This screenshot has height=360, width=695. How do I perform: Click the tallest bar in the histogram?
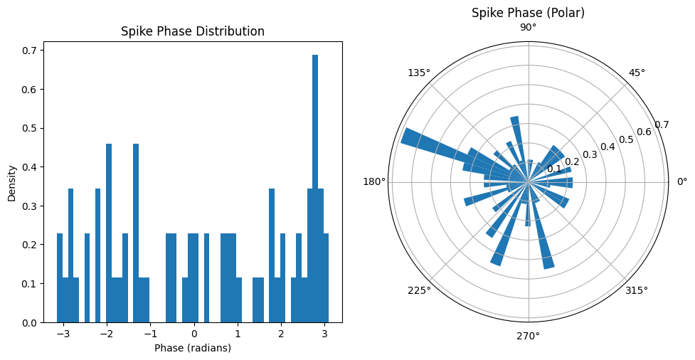pyautogui.click(x=315, y=189)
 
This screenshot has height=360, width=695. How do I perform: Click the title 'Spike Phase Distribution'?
pyautogui.click(x=193, y=31)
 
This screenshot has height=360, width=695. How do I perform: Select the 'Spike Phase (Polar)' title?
pyautogui.click(x=528, y=13)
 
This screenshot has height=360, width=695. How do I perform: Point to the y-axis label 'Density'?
pyautogui.click(x=12, y=183)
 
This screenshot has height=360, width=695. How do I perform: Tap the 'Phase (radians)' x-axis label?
pyautogui.click(x=193, y=348)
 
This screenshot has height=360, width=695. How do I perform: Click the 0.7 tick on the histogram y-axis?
pyautogui.click(x=30, y=51)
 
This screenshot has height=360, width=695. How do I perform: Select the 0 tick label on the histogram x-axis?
pyautogui.click(x=194, y=334)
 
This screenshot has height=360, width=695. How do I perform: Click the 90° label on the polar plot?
pyautogui.click(x=529, y=28)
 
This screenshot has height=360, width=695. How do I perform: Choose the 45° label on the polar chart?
pyautogui.click(x=637, y=73)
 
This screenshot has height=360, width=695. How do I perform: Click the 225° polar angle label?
pyautogui.click(x=419, y=290)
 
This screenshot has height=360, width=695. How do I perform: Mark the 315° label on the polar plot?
pyautogui.click(x=637, y=290)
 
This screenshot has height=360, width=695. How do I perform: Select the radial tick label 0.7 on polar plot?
pyautogui.click(x=662, y=125)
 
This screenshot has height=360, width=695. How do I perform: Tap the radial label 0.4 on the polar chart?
pyautogui.click(x=608, y=147)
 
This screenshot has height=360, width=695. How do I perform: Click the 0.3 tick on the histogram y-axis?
pyautogui.click(x=30, y=206)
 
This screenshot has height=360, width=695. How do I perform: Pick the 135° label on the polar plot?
pyautogui.click(x=419, y=73)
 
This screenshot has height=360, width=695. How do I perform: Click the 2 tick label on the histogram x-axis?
pyautogui.click(x=281, y=334)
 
